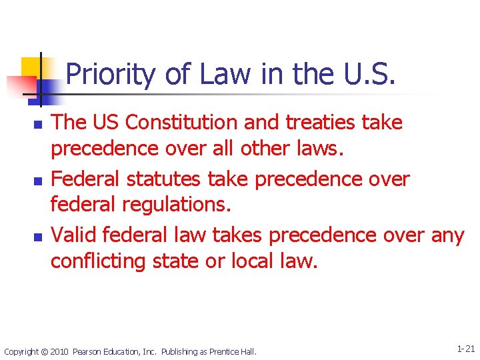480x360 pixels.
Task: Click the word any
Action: pyautogui.click(x=447, y=235)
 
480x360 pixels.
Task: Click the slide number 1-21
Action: pyautogui.click(x=465, y=349)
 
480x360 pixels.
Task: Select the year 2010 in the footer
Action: pyautogui.click(x=59, y=351)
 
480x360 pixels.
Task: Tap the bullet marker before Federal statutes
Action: pyautogui.click(x=37, y=181)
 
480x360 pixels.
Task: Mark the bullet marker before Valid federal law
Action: pyautogui.click(x=37, y=237)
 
